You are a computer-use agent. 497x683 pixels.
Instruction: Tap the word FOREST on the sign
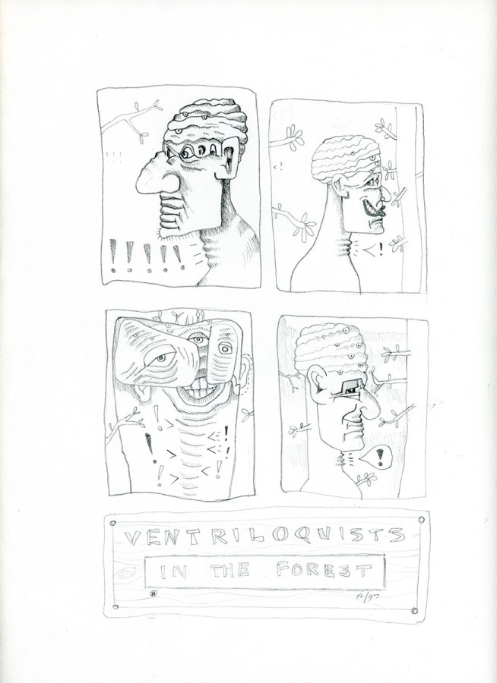(324, 569)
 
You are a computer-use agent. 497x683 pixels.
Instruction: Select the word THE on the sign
(230, 571)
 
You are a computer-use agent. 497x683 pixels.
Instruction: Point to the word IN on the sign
(173, 571)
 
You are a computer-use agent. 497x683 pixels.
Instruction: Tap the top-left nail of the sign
(113, 523)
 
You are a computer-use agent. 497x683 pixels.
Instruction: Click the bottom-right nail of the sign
(414, 611)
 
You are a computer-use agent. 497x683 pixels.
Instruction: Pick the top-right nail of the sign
(421, 520)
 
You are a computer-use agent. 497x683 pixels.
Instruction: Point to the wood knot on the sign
(128, 575)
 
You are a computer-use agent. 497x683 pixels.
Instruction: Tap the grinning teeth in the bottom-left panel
(201, 389)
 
